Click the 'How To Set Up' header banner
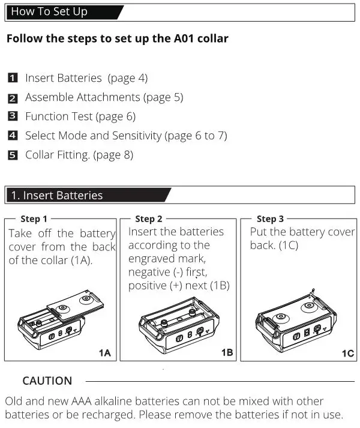click(x=60, y=11)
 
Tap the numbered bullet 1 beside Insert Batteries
click(x=13, y=78)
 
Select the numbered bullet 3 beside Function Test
click(x=13, y=116)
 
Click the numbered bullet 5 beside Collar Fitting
click(x=13, y=155)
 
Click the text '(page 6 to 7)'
click(x=196, y=136)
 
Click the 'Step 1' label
click(x=34, y=219)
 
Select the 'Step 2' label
click(x=149, y=219)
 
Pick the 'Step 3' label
click(x=270, y=219)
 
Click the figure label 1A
click(x=104, y=353)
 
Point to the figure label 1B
click(x=227, y=353)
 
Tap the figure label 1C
click(x=347, y=353)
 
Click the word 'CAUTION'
click(x=47, y=381)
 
